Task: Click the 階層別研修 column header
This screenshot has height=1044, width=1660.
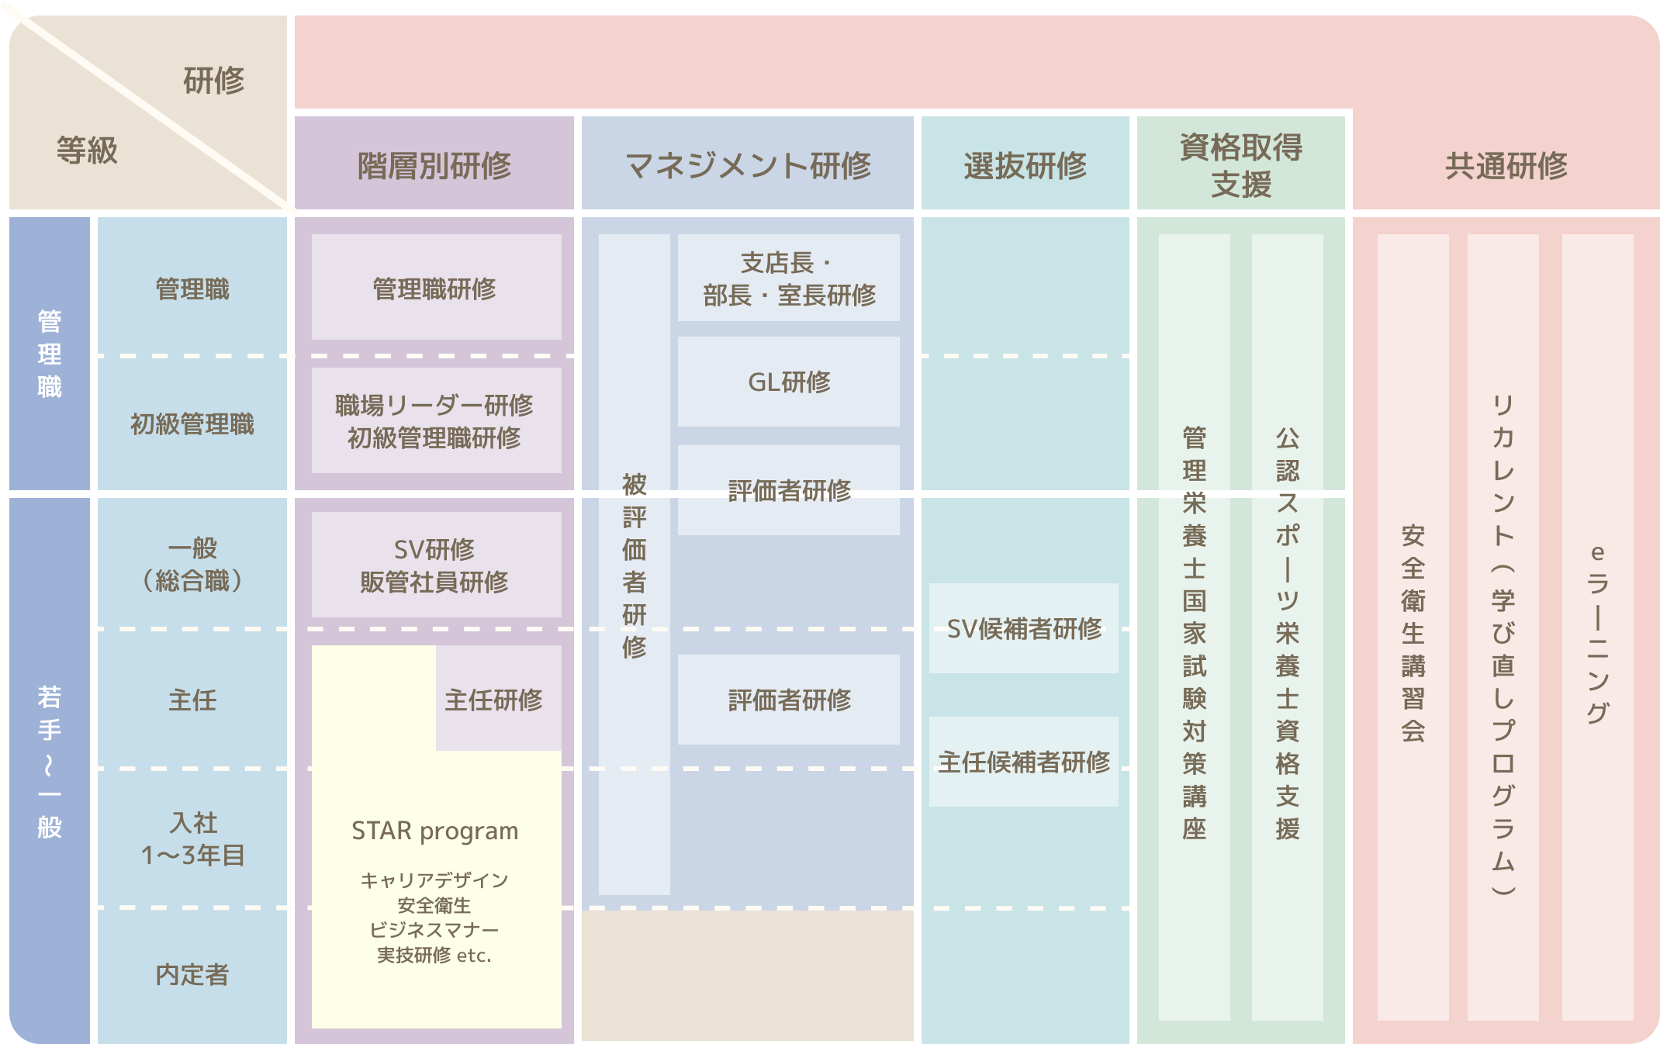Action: point(434,165)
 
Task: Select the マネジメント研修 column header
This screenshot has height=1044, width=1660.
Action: point(748,165)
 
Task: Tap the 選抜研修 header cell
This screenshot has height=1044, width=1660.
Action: point(1025,165)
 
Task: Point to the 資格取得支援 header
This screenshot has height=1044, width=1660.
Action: point(1241,164)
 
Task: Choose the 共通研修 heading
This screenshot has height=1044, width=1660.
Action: point(1506,165)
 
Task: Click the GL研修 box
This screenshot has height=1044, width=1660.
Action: point(789,382)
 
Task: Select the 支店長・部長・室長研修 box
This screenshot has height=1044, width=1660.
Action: point(789,278)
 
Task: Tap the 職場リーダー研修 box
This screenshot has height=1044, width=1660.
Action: point(435,421)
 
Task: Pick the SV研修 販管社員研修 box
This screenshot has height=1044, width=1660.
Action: point(435,565)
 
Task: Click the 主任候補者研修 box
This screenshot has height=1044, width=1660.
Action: point(1024,762)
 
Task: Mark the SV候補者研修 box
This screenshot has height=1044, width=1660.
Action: point(1024,628)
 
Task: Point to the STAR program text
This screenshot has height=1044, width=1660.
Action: point(434,831)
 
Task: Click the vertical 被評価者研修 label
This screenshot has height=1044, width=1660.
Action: point(634,565)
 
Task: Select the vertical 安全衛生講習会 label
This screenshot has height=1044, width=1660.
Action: point(1413,632)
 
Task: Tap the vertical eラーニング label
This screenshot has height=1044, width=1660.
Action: point(1597,632)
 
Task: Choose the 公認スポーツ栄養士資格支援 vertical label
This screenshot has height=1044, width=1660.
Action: point(1287,632)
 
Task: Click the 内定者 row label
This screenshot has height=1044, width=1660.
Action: point(192,974)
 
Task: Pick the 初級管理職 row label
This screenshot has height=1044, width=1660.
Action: point(192,423)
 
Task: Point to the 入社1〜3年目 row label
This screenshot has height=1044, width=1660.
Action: point(192,838)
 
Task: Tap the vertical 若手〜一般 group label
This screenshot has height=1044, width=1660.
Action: point(50,761)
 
